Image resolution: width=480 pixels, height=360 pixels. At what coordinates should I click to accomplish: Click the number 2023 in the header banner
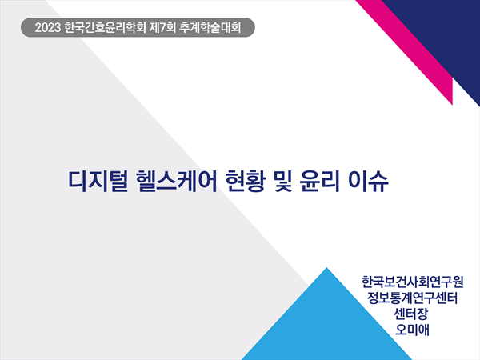(48, 27)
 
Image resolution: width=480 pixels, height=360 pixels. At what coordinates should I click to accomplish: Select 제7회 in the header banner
(162, 27)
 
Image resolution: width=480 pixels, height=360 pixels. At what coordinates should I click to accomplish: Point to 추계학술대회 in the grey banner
(210, 27)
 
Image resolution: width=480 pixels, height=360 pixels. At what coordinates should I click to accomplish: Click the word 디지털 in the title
(98, 182)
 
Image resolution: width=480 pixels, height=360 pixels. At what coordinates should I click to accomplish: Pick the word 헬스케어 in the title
(176, 182)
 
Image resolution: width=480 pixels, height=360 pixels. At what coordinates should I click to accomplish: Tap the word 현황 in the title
(244, 182)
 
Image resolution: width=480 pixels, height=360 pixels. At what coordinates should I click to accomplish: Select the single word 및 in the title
(283, 182)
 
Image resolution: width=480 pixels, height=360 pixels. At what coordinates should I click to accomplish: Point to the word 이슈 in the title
(369, 182)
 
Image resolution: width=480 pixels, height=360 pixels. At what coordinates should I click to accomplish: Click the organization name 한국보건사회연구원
(412, 282)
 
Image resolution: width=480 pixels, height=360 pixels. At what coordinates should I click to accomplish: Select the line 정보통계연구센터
(412, 298)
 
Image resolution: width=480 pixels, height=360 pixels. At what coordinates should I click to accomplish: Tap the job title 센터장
(411, 314)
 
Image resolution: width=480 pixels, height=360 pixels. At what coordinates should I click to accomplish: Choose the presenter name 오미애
(412, 330)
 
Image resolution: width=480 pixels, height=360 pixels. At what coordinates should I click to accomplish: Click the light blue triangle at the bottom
(327, 325)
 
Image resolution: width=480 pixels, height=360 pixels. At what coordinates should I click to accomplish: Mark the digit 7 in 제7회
(162, 28)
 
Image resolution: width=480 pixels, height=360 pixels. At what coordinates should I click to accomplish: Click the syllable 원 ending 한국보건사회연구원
(458, 282)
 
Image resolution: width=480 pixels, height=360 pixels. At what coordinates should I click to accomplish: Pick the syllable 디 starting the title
(76, 182)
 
